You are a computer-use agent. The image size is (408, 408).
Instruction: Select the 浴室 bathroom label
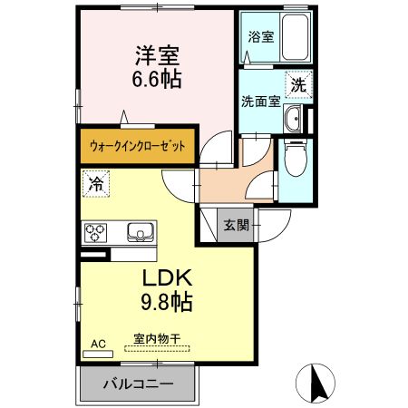point(261,37)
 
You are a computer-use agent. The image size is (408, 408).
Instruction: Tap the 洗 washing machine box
point(299,85)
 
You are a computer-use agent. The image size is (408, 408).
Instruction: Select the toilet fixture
point(296,162)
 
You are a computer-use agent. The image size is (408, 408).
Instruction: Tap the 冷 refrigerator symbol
point(95,182)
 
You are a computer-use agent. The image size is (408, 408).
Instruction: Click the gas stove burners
point(96,233)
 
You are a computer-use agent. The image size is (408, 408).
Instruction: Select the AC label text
point(99,345)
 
